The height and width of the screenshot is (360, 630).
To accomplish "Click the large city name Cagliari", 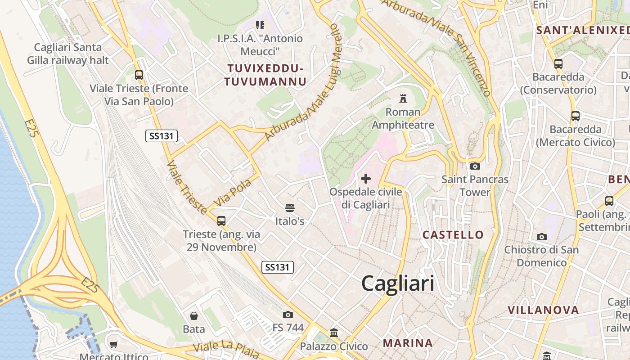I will (x=398, y=283).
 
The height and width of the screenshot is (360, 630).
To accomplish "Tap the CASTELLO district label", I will (x=453, y=234).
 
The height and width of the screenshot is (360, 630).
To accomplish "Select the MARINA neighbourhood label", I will (x=408, y=343).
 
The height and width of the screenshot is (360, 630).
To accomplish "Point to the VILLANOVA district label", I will (x=543, y=310).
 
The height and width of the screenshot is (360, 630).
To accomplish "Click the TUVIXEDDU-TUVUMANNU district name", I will (x=265, y=75).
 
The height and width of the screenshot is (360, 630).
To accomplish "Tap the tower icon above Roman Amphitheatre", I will (x=403, y=98).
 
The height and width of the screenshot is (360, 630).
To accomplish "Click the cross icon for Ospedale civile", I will (x=366, y=179).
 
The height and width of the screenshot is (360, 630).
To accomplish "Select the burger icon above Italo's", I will (x=290, y=208).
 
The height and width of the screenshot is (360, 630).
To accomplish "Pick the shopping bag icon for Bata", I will (x=194, y=316).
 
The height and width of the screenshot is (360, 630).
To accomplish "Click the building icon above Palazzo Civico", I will (x=334, y=333).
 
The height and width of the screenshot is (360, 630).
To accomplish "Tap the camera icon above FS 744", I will (x=288, y=315).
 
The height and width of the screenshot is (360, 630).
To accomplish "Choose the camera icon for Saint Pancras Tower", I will (x=475, y=166).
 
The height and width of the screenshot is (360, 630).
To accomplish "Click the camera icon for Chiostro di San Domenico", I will (x=542, y=237).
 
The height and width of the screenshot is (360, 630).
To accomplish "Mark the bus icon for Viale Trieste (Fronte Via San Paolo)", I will (x=139, y=75).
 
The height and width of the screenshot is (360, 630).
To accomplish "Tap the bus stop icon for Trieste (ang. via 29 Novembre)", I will (x=221, y=221).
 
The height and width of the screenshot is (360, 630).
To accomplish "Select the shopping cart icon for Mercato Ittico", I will (x=114, y=345).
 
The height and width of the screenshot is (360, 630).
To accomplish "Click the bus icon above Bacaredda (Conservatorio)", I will (x=558, y=64).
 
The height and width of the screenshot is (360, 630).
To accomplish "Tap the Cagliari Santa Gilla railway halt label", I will (x=68, y=54).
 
